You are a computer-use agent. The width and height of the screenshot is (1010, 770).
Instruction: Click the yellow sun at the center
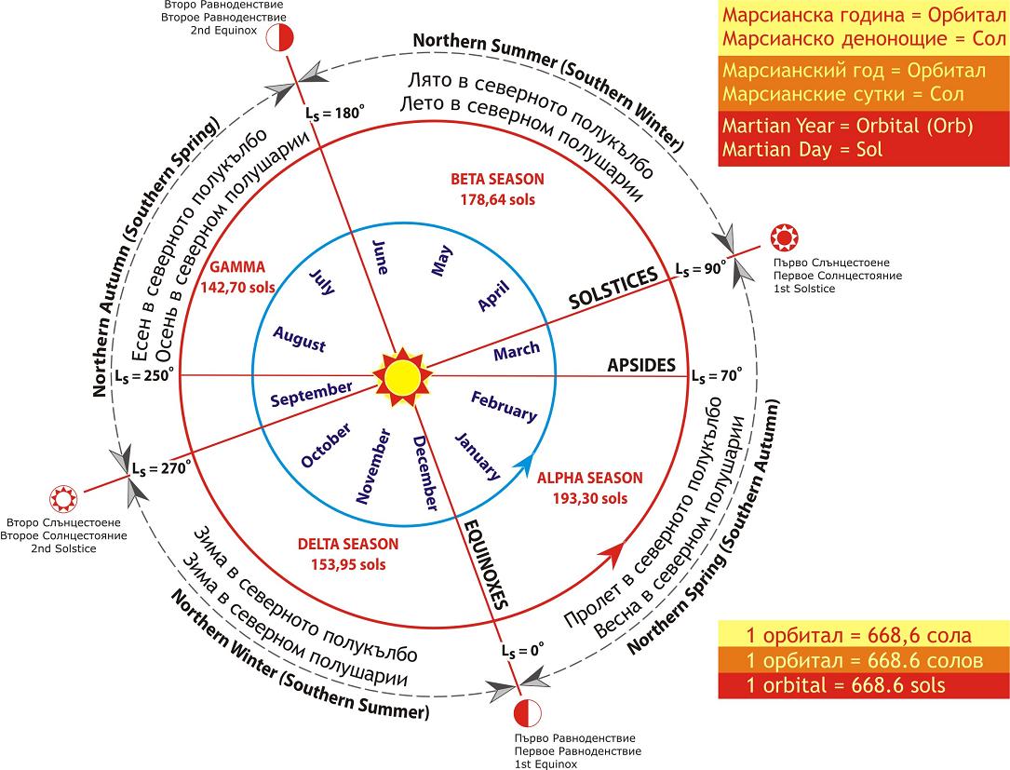tap(402, 377)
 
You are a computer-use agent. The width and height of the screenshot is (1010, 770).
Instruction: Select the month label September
tap(311, 394)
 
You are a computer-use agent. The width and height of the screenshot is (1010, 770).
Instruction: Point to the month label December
tap(425, 473)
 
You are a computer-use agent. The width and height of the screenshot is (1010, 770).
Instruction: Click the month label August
tap(299, 338)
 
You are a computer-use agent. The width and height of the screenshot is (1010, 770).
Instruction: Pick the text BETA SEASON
tap(497, 179)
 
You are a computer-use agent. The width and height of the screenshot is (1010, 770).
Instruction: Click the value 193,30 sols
tap(590, 498)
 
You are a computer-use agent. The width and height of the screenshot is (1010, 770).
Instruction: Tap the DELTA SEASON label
tap(348, 544)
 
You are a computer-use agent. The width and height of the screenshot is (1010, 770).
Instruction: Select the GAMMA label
tap(237, 267)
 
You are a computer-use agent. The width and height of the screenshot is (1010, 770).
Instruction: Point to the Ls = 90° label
tap(700, 269)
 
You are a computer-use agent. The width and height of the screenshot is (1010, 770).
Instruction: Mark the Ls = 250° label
tap(145, 375)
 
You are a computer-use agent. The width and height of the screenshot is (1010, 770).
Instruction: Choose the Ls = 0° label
tap(522, 650)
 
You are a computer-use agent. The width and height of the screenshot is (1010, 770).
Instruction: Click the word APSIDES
tap(641, 365)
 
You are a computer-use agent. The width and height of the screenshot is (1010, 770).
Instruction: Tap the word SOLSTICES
tap(613, 288)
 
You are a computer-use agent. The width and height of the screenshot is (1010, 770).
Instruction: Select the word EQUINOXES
tap(487, 564)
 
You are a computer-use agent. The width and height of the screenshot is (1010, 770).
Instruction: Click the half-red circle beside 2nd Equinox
tap(280, 38)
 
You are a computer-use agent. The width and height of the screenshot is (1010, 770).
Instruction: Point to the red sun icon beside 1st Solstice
tap(784, 237)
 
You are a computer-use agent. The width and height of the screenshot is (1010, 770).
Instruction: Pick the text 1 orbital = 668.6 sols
tap(846, 685)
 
